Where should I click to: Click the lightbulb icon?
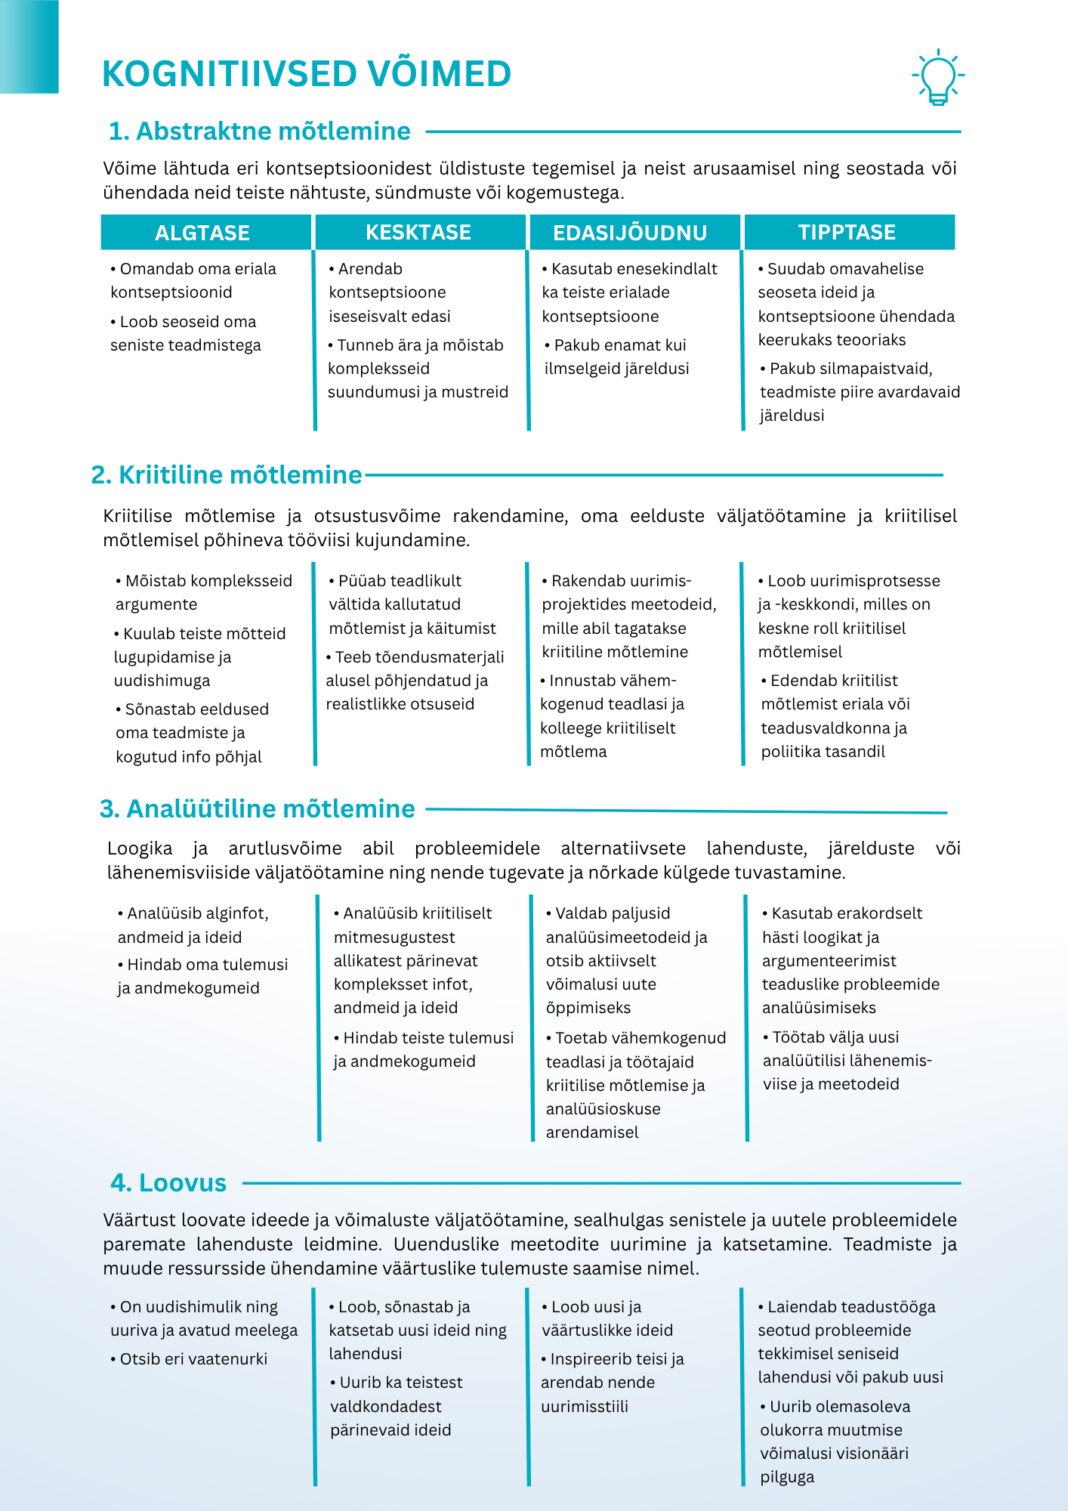pyautogui.click(x=938, y=76)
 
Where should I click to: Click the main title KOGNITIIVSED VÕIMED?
pyautogui.click(x=307, y=74)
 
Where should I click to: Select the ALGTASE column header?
pyautogui.click(x=202, y=233)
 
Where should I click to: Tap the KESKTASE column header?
pyautogui.click(x=418, y=233)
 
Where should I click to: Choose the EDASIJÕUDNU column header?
pyautogui.click(x=630, y=233)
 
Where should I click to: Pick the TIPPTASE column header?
pyautogui.click(x=847, y=233)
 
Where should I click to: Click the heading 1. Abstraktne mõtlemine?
pyautogui.click(x=260, y=131)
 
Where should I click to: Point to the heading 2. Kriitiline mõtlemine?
pyautogui.click(x=227, y=475)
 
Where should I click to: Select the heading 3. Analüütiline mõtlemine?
pyautogui.click(x=258, y=809)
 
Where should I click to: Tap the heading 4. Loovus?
pyautogui.click(x=168, y=1183)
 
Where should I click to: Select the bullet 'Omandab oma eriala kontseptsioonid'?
pyautogui.click(x=193, y=280)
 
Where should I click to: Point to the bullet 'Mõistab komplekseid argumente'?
pyautogui.click(x=203, y=592)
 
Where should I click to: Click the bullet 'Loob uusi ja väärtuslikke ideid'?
pyautogui.click(x=607, y=1318)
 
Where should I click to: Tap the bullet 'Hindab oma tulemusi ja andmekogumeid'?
pyautogui.click(x=202, y=976)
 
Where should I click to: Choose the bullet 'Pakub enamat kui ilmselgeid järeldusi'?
pyautogui.click(x=616, y=357)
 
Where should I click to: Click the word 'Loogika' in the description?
pyautogui.click(x=140, y=848)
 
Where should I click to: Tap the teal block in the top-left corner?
pyautogui.click(x=29, y=46)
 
